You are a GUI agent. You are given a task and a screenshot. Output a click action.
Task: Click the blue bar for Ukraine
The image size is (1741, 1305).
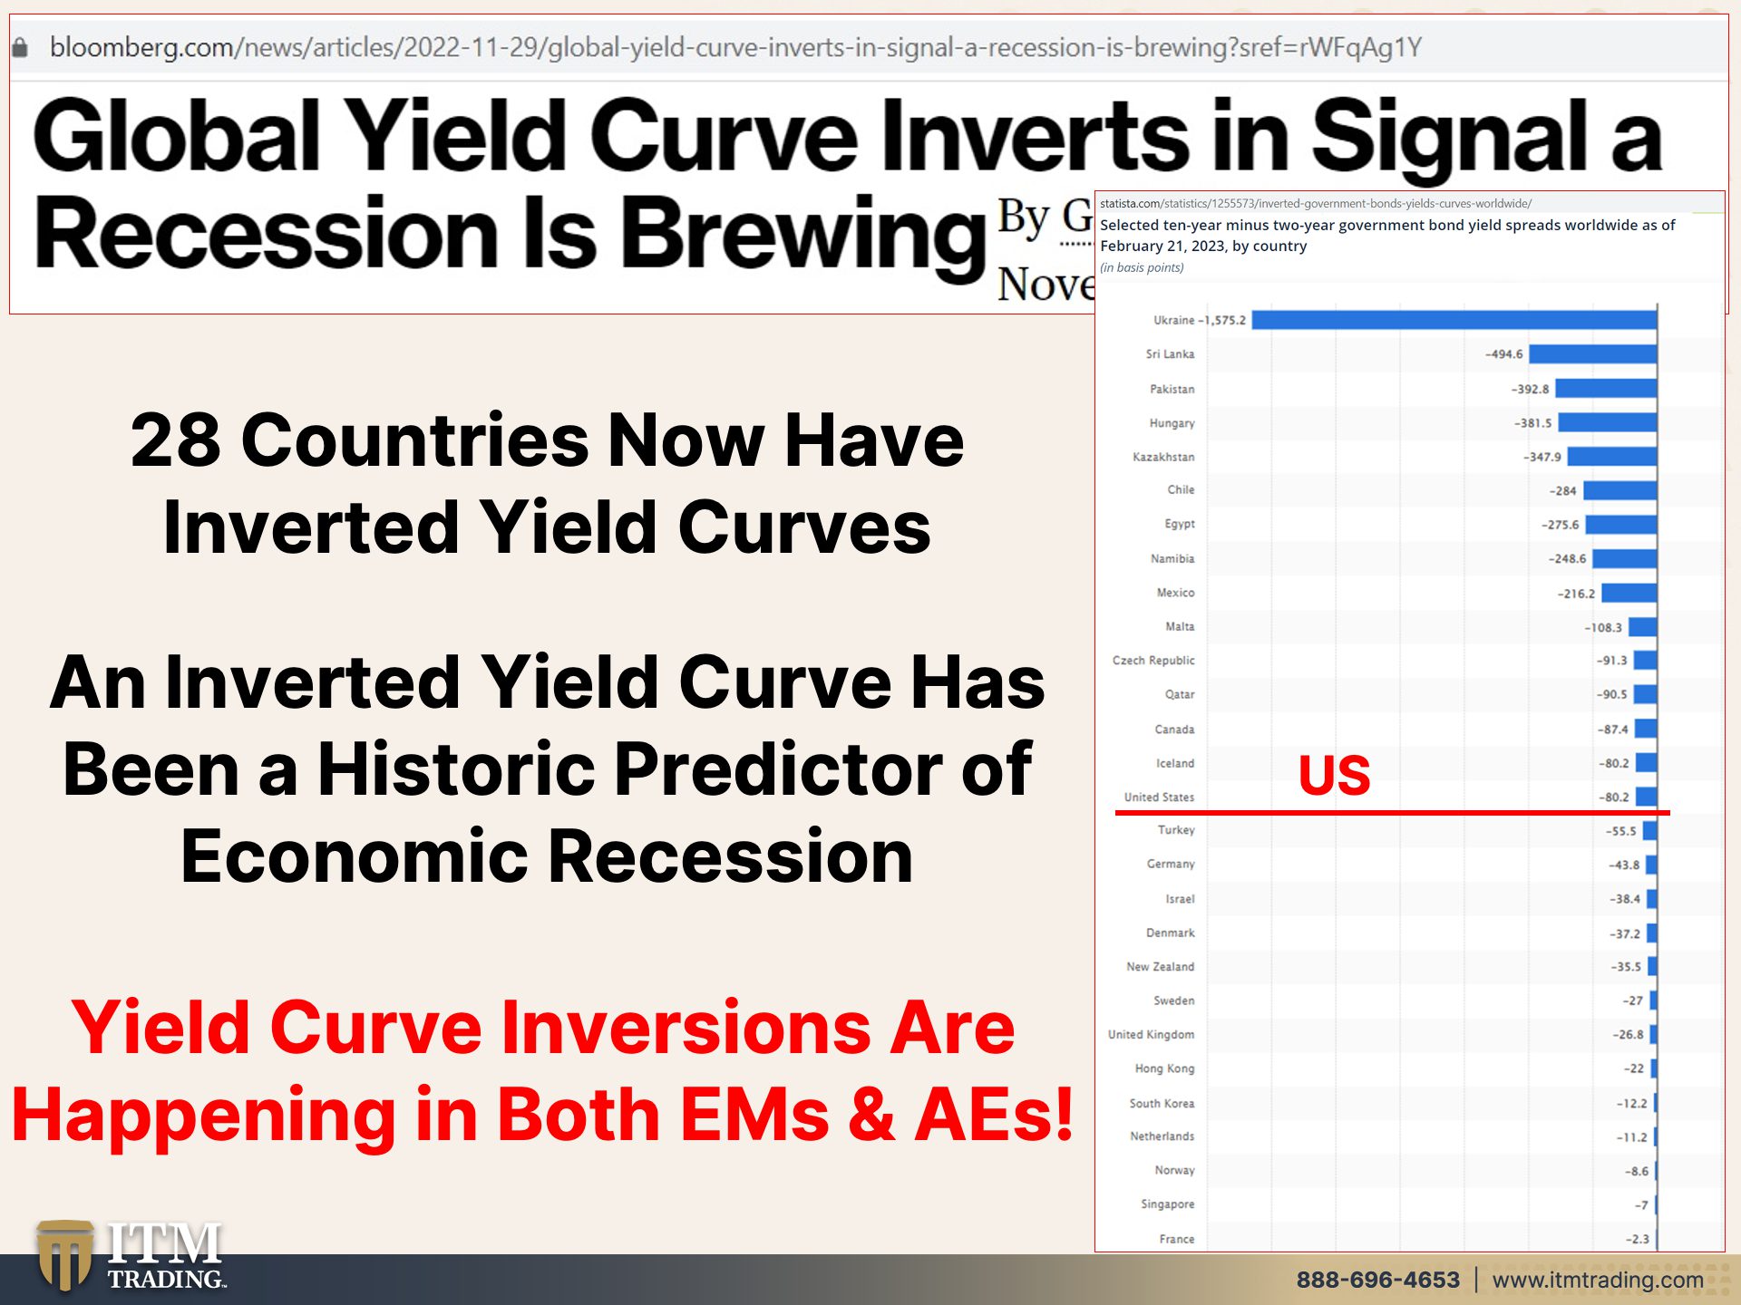coord(1454,320)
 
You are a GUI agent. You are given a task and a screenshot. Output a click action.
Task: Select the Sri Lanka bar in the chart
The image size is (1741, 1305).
coord(1592,354)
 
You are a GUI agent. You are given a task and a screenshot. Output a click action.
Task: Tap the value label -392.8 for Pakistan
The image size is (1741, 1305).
coord(1530,389)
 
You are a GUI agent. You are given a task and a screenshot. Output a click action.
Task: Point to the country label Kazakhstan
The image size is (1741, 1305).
coord(1163,457)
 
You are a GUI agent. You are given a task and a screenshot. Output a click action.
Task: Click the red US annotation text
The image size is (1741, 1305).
coord(1334,775)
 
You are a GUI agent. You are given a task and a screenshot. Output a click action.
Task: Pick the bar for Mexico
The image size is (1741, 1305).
coord(1629,594)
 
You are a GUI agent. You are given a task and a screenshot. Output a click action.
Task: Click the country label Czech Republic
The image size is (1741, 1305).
coord(1153,661)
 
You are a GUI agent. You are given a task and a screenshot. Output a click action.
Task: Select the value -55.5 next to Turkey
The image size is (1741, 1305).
coord(1620,831)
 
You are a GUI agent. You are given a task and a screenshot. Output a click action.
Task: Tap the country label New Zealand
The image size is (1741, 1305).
coord(1160,967)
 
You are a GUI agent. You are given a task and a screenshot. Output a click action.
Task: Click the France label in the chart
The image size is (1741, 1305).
coord(1176,1239)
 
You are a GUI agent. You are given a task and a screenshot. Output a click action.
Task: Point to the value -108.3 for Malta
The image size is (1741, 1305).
coord(1602,627)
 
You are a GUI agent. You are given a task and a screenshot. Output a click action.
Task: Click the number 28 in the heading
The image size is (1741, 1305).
coord(176,440)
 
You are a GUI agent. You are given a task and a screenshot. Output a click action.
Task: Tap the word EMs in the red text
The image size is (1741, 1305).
coord(754,1115)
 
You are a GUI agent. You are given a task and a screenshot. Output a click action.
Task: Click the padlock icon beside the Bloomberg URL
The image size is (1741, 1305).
coord(20,47)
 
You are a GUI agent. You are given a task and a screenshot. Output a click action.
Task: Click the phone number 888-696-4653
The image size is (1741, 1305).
coord(1377,1280)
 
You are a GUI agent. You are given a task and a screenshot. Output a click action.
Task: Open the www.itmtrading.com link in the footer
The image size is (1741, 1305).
coord(1598,1280)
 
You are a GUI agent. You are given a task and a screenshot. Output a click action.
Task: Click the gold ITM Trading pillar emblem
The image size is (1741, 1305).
coord(64,1255)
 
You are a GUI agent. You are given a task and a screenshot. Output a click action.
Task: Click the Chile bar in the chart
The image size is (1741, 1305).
coord(1619,490)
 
